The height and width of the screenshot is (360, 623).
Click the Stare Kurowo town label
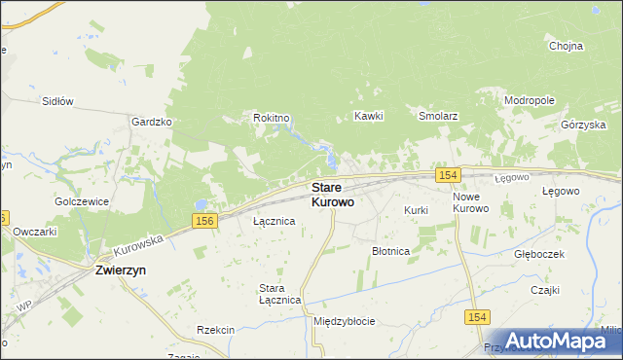click(x=332, y=195)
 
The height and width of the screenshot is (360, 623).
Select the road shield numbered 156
click(x=204, y=223)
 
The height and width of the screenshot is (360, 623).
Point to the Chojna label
click(x=566, y=46)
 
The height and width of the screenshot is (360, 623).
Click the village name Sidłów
click(x=57, y=100)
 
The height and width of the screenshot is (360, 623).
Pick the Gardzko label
click(x=151, y=122)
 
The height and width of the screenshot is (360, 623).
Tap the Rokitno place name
click(x=272, y=118)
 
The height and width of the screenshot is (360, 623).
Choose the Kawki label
click(x=369, y=116)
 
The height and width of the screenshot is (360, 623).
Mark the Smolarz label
click(x=438, y=116)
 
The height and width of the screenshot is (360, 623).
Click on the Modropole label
click(x=529, y=100)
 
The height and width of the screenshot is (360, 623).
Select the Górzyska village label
click(x=584, y=126)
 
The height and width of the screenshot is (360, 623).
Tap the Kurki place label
click(x=416, y=210)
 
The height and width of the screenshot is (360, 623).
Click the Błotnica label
click(x=390, y=251)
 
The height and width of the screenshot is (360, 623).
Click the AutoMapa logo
click(x=564, y=341)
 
